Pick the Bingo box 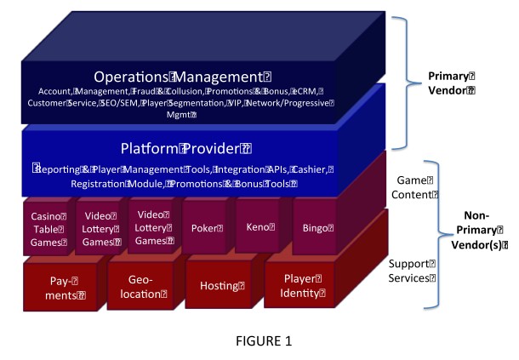click(x=313, y=229)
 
